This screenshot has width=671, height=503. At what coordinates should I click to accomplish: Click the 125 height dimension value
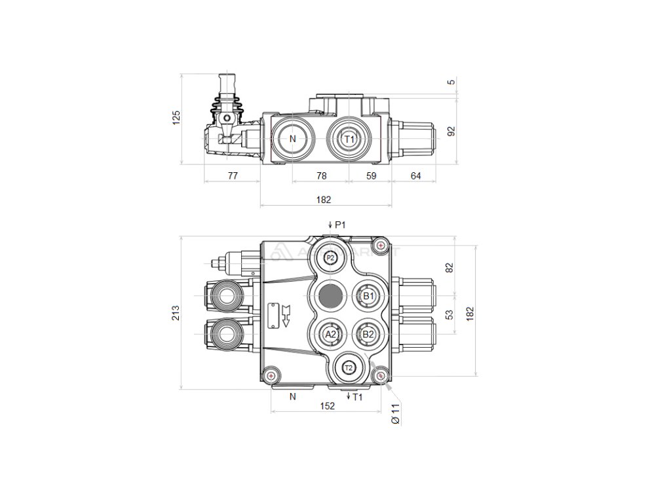(x=176, y=118)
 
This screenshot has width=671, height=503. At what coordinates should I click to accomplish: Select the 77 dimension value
(x=232, y=176)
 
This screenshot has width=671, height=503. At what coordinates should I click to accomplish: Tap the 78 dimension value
(x=321, y=176)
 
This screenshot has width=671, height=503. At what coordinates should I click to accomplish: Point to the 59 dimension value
(x=370, y=176)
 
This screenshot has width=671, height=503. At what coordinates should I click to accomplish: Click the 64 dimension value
(x=415, y=176)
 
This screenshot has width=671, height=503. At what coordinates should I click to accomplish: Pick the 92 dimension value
(x=451, y=131)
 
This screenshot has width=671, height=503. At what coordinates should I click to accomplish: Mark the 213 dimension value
(x=176, y=314)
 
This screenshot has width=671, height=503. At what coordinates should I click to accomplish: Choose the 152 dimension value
(x=327, y=406)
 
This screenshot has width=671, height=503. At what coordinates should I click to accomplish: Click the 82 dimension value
(x=450, y=267)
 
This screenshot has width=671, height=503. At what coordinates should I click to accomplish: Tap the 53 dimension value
(x=450, y=315)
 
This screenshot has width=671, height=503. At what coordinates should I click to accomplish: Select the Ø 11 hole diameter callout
(x=395, y=414)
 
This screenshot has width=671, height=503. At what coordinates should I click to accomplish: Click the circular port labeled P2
(x=331, y=258)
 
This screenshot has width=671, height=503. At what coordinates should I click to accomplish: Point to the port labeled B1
(x=368, y=296)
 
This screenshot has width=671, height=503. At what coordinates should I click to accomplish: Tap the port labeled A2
(x=331, y=334)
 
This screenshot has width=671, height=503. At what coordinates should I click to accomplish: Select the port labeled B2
(x=368, y=334)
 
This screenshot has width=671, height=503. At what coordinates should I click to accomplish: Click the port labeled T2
(x=349, y=367)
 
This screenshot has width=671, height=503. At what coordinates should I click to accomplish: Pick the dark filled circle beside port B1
(x=330, y=297)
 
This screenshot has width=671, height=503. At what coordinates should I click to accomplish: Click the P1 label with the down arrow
(x=337, y=225)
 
